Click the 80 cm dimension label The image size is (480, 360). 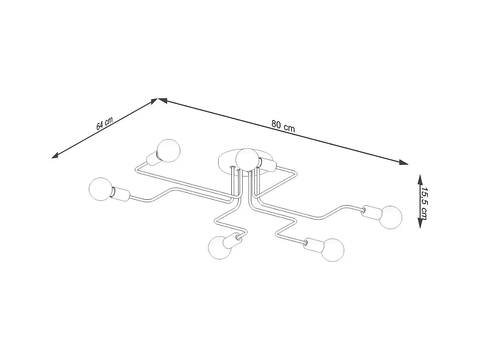pos(283,126)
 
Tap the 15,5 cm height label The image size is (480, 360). pos(424,203)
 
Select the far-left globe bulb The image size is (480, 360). pos(100,189)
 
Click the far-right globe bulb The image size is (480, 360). pos(390,217)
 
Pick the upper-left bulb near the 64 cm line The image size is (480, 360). pos(168,150)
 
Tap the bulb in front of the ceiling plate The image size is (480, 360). pos(247,159)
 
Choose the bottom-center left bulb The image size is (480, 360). pos(220,248)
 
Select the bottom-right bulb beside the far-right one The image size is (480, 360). pos(332,250)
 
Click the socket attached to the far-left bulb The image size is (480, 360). pos(121,194)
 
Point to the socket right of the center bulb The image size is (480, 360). pos(267,165)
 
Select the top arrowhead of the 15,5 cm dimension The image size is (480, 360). pos(420,179)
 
